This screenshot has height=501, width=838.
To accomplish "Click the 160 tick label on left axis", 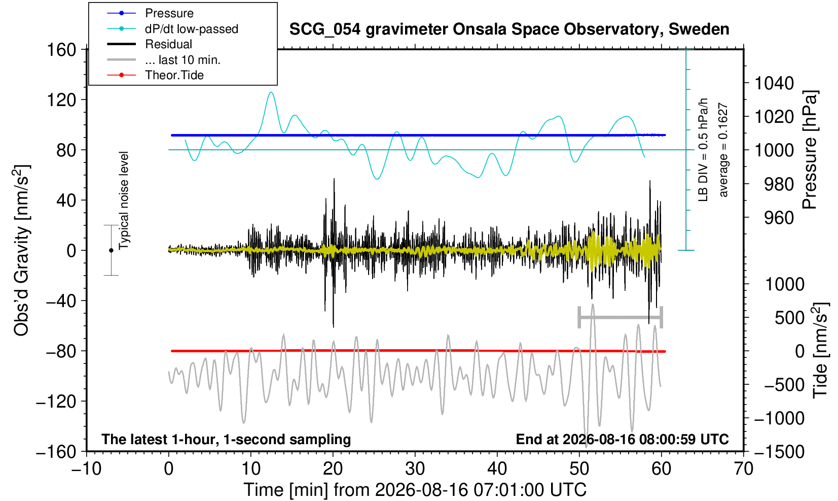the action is point(61,50).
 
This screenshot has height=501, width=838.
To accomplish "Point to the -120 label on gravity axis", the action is point(56,402).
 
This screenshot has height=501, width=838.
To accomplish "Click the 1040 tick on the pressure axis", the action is point(774,83).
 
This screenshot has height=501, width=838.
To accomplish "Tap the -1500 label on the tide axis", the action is point(779,452).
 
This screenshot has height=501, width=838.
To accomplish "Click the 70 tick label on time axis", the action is point(743,469).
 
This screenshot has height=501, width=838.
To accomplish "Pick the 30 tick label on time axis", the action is point(415,469).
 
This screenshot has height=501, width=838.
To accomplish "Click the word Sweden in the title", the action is point(699,29).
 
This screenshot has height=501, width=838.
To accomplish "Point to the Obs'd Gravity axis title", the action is point(21,250).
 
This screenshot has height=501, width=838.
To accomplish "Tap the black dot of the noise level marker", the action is point(111,250).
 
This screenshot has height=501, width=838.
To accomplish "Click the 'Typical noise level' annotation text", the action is point(123,201).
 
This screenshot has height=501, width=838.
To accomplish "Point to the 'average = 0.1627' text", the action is point(723,150).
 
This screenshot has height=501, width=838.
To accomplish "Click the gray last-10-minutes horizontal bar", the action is point(621,317).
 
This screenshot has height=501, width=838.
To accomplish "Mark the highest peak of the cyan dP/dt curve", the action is point(271,92).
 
